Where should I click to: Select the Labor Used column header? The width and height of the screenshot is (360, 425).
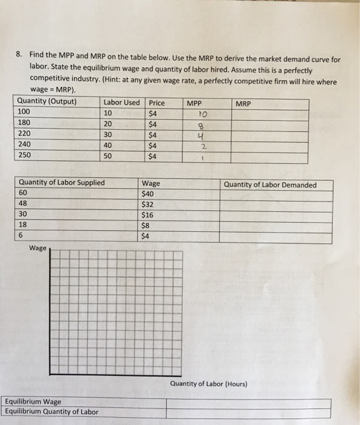(x=121, y=101)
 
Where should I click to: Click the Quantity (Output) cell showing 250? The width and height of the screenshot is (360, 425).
(x=25, y=155)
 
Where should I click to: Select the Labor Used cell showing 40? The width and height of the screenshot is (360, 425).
(x=109, y=144)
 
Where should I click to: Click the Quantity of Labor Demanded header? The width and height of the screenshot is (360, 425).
(x=270, y=185)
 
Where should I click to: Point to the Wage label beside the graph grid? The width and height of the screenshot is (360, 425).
(x=38, y=248)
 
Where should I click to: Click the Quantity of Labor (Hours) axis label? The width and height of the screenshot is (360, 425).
(x=209, y=384)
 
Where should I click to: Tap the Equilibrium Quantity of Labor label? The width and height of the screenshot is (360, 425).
(x=51, y=411)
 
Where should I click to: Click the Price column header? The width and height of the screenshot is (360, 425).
(x=157, y=103)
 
